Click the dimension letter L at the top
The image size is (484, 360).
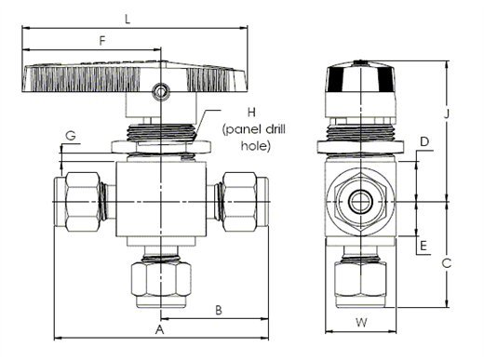tap(128, 20)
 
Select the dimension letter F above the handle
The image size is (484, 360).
tap(102, 41)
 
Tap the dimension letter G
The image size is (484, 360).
tap(71, 136)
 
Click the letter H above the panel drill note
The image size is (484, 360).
tap(251, 113)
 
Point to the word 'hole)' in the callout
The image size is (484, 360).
tap(256, 146)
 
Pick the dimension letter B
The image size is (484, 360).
tap(219, 310)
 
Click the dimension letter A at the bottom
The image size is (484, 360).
tap(159, 329)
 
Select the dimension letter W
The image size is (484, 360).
tap(361, 323)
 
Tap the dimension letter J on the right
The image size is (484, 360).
tap(447, 113)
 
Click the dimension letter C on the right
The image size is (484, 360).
tap(447, 263)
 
